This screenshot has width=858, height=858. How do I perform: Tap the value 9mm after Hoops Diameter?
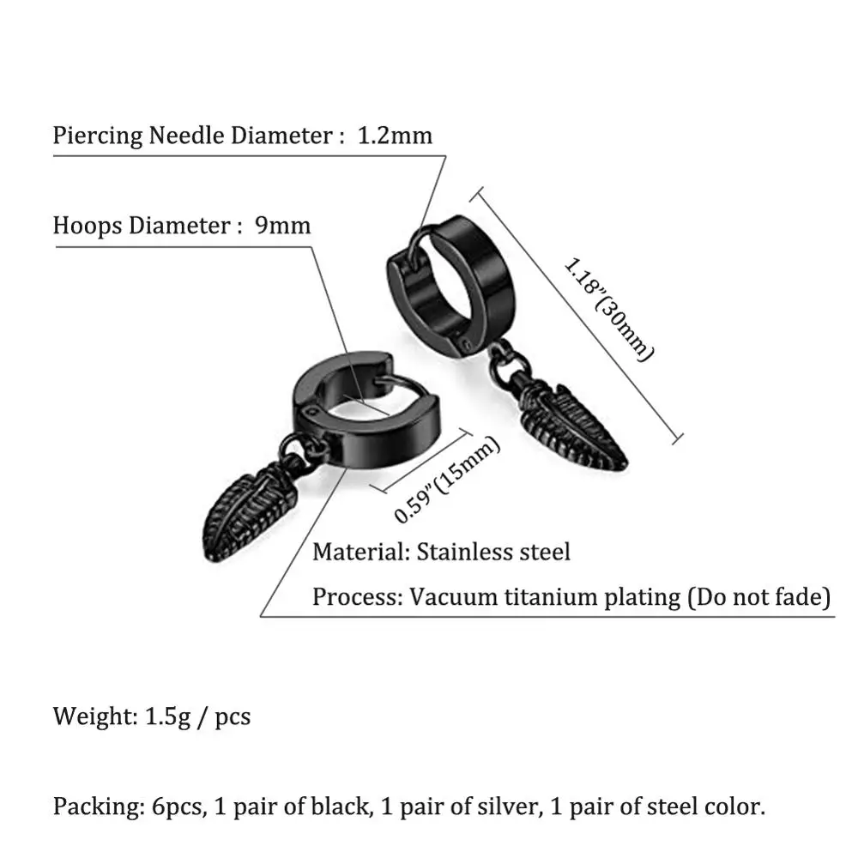point(282,226)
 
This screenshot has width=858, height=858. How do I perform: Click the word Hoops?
point(88,226)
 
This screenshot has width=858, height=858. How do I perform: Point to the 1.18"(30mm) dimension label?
point(608,309)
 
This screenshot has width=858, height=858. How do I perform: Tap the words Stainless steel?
point(493,551)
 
